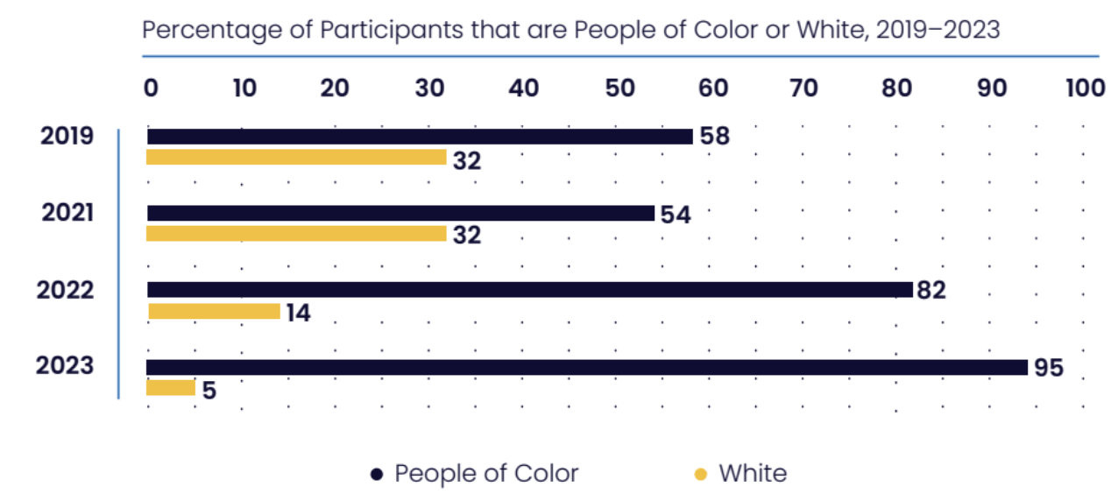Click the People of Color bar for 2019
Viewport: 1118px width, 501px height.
[x=419, y=137]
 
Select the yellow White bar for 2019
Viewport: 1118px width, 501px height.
[x=296, y=158]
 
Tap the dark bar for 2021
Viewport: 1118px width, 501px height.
[x=400, y=213]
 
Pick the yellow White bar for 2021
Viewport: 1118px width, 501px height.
[x=296, y=234]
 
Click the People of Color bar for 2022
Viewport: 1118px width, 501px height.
[x=530, y=290]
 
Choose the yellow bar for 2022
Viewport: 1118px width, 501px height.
[x=214, y=311]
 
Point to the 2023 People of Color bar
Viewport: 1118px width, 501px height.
[x=586, y=367]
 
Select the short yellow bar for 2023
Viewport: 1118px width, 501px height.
[x=171, y=388]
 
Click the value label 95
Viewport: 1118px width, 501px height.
[x=1048, y=368]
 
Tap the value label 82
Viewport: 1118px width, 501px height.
[x=931, y=291]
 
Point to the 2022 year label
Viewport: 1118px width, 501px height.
[x=65, y=290]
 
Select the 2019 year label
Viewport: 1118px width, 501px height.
[x=67, y=137]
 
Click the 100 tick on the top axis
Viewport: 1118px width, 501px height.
[x=1085, y=88]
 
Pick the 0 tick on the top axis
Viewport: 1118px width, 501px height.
[x=151, y=88]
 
